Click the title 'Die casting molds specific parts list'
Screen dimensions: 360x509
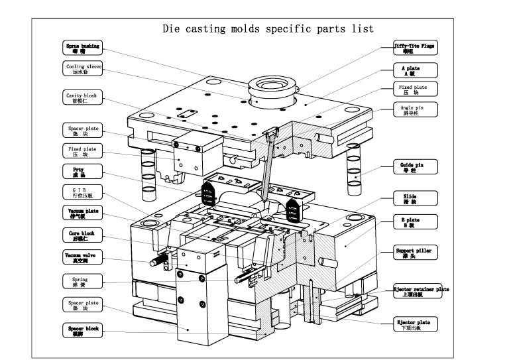(x=268, y=29)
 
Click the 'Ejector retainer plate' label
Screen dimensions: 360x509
(x=421, y=291)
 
